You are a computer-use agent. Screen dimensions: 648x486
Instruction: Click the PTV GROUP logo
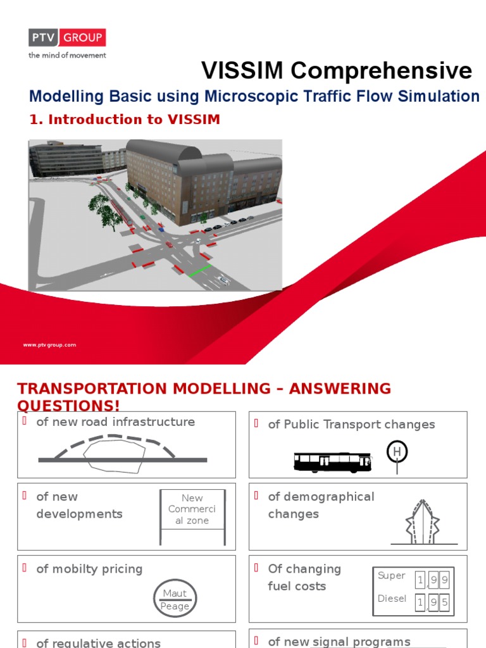(66, 38)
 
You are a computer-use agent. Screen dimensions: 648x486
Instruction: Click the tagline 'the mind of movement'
(66, 55)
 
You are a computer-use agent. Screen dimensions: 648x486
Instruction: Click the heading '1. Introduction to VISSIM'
(125, 119)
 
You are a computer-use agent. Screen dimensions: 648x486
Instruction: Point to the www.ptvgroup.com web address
(49, 345)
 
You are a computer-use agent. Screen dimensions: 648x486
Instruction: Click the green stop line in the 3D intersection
(200, 272)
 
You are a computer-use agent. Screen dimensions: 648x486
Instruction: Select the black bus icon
(333, 462)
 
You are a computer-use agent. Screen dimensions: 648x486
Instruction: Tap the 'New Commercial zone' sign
(192, 510)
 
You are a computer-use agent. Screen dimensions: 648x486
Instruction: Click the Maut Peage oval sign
(175, 599)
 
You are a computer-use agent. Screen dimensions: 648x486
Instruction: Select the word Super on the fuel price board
(391, 575)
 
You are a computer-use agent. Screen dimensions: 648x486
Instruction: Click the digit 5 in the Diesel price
(444, 602)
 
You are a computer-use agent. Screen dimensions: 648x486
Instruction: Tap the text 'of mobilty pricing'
(89, 569)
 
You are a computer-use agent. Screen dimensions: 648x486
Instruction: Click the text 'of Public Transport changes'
(351, 424)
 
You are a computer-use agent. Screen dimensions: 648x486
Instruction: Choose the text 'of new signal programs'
(339, 642)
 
